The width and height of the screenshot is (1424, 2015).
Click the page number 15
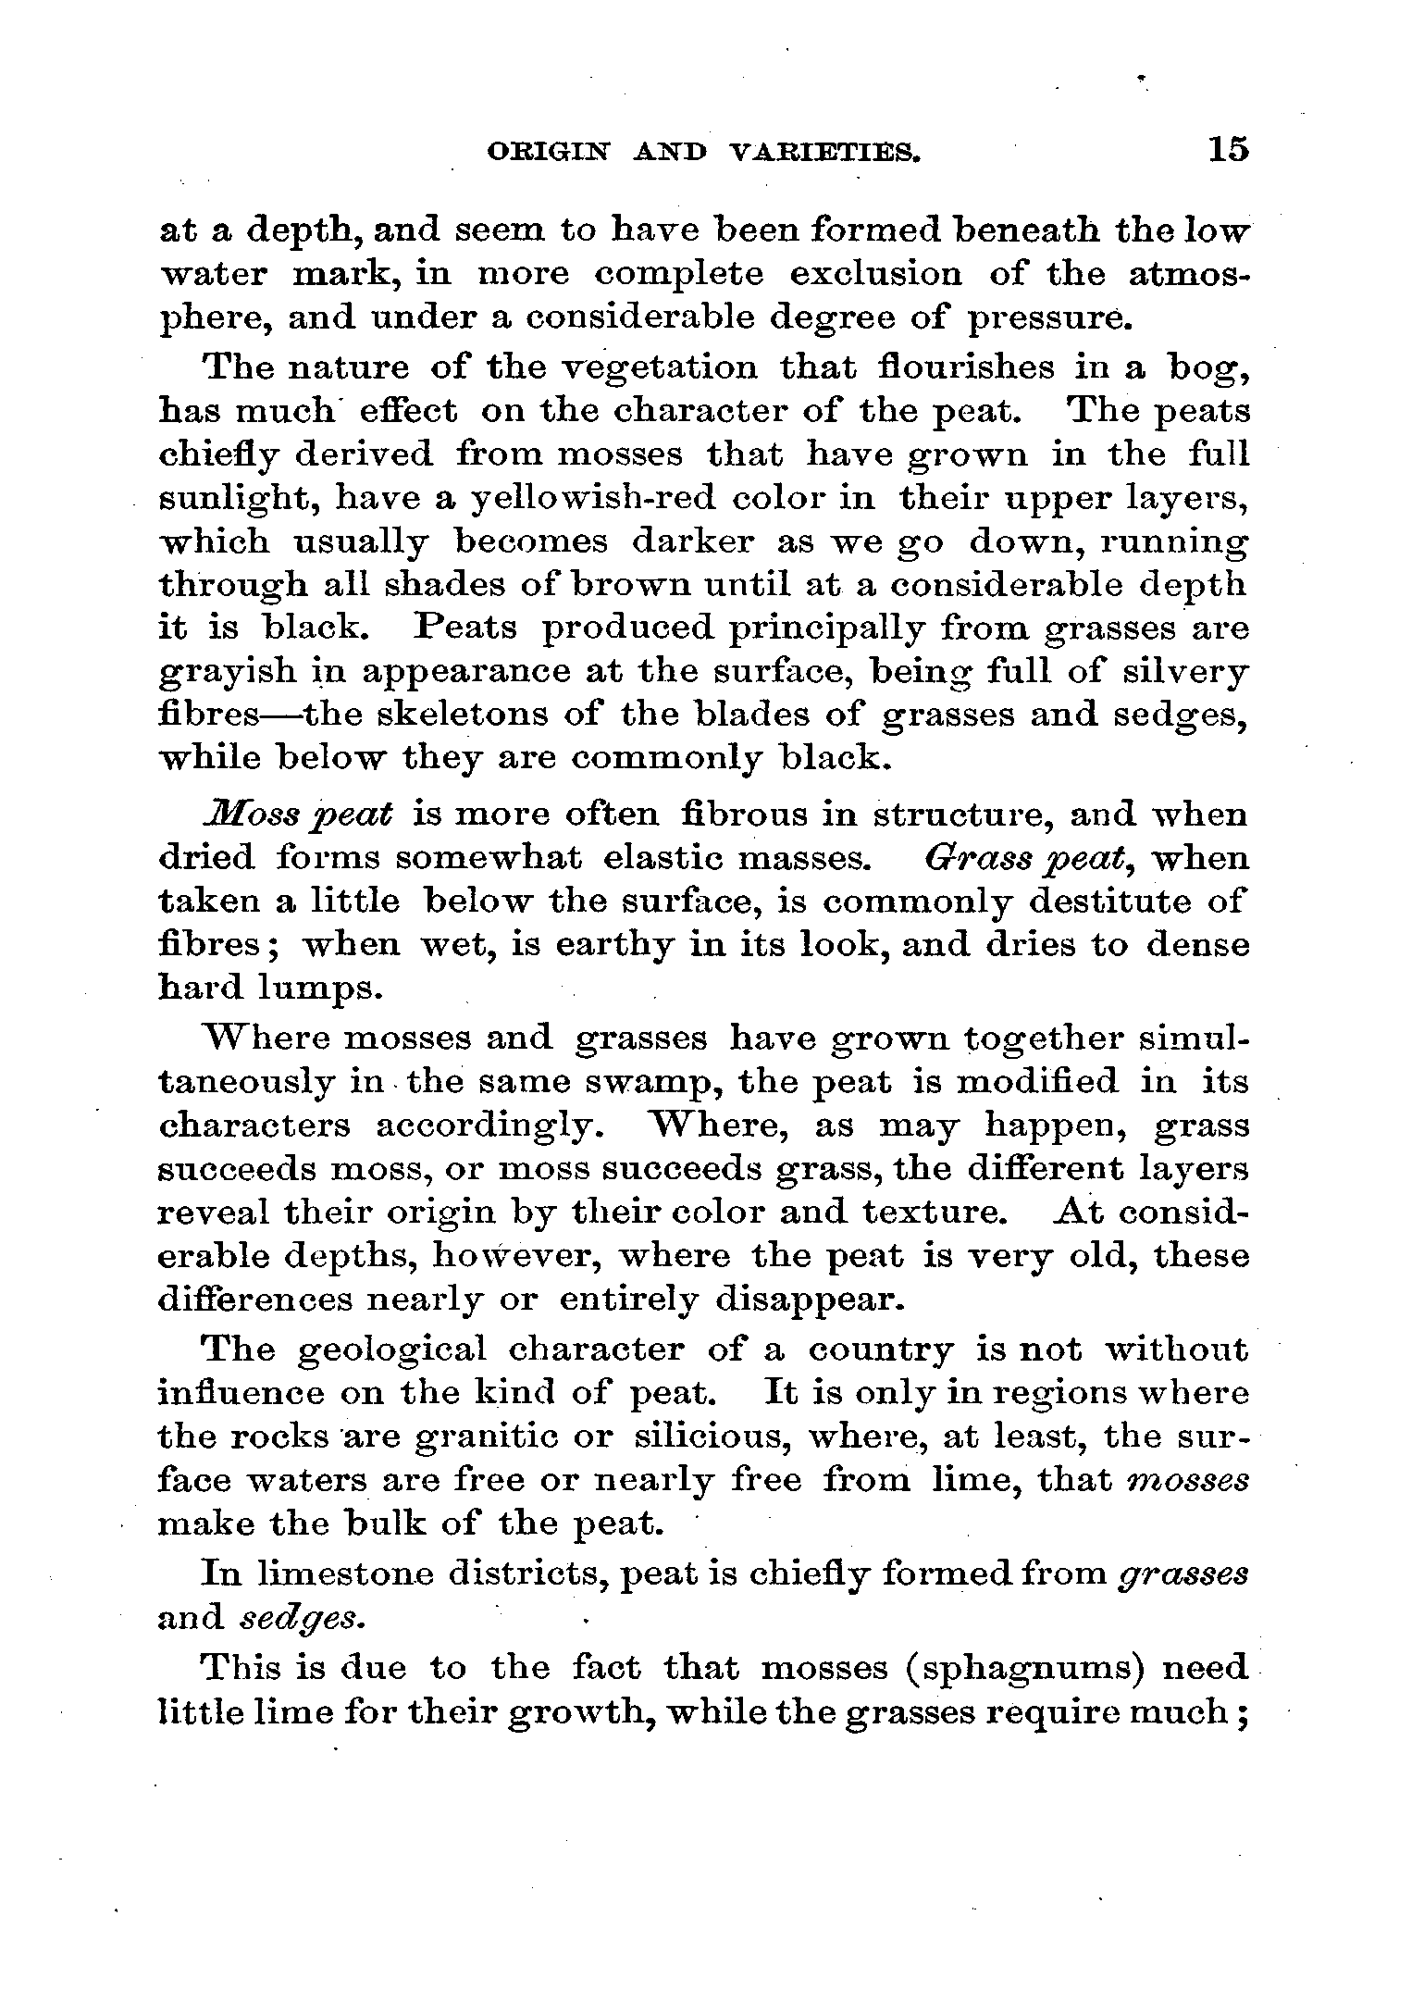click(x=1227, y=150)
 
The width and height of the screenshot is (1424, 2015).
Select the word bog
click(x=1207, y=369)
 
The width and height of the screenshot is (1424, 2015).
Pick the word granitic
click(x=477, y=1437)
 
